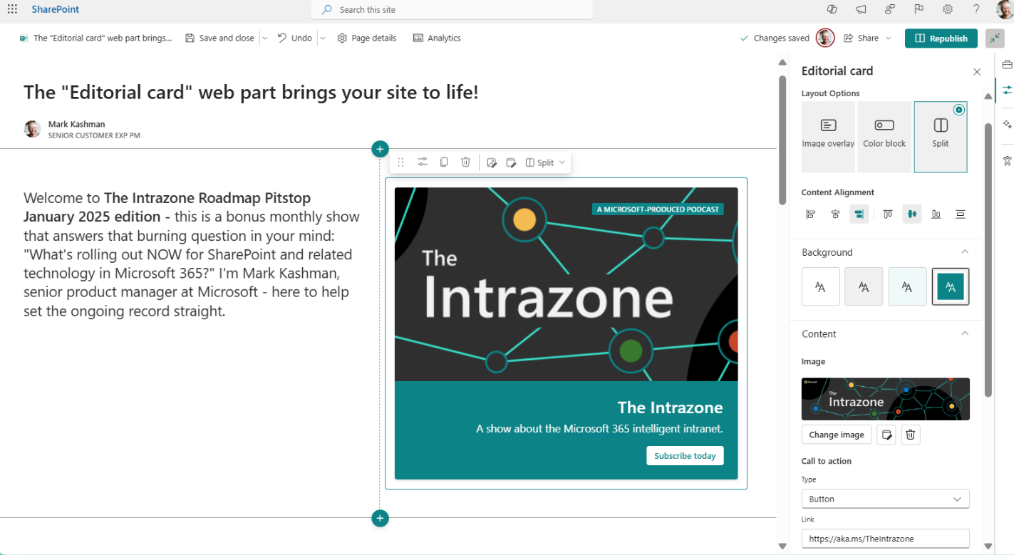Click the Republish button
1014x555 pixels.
pyautogui.click(x=941, y=38)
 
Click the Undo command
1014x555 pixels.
pyautogui.click(x=295, y=38)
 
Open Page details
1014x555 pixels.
pyautogui.click(x=367, y=38)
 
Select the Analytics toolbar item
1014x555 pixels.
pyautogui.click(x=437, y=38)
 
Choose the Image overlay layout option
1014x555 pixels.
pyautogui.click(x=828, y=137)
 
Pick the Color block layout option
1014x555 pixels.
pyautogui.click(x=884, y=137)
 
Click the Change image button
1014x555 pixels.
pyautogui.click(x=837, y=435)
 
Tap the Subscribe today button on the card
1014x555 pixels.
pyautogui.click(x=685, y=456)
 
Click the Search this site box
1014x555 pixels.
pyautogui.click(x=452, y=9)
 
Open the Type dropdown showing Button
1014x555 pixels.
pyautogui.click(x=886, y=499)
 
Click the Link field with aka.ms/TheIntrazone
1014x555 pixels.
pyautogui.click(x=886, y=539)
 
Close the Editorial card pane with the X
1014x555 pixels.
pyautogui.click(x=977, y=71)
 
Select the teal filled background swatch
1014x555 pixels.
pyautogui.click(x=951, y=286)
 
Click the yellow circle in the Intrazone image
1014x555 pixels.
pyautogui.click(x=524, y=220)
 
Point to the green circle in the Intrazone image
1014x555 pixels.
pyautogui.click(x=631, y=351)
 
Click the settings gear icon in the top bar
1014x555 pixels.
pyautogui.click(x=948, y=9)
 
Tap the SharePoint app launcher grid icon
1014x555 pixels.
pyautogui.click(x=12, y=9)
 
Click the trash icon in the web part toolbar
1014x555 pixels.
pyautogui.click(x=465, y=162)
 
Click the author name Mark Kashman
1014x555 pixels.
pyautogui.click(x=76, y=124)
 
